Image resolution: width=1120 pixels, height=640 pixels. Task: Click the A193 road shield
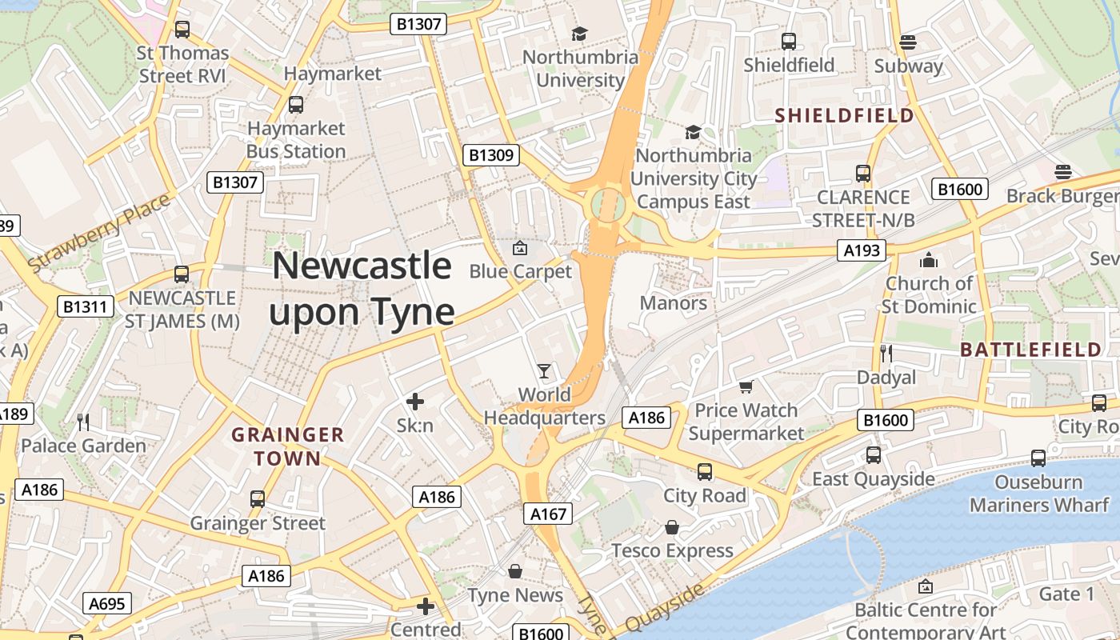click(862, 250)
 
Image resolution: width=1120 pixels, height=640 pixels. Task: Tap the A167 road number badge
click(549, 514)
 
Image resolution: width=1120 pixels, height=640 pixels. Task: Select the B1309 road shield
click(490, 155)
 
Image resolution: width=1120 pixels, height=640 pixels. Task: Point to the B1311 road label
click(86, 306)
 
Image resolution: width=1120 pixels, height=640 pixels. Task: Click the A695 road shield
click(106, 603)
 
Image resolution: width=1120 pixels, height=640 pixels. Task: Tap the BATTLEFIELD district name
click(1030, 350)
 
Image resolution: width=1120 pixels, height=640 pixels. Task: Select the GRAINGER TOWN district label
click(287, 446)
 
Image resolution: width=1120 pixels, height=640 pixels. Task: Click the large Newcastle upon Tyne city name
click(362, 289)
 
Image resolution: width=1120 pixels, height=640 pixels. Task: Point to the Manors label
click(674, 303)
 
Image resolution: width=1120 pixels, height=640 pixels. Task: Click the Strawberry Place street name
click(99, 231)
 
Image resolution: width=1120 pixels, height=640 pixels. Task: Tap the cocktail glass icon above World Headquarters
click(544, 370)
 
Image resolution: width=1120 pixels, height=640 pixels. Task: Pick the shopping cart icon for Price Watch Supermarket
click(746, 387)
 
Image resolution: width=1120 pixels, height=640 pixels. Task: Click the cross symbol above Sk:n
click(415, 402)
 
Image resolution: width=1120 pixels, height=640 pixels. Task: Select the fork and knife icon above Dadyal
click(886, 353)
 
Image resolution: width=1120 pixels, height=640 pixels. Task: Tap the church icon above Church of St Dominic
click(928, 260)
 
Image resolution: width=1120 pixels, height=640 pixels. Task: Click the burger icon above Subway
click(907, 42)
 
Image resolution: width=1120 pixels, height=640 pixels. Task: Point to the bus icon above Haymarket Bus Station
click(296, 104)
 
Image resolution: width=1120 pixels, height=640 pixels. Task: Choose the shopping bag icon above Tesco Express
click(672, 527)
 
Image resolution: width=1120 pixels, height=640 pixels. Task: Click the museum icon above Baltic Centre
click(926, 586)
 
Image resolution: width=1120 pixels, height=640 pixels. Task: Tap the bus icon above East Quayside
click(874, 455)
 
